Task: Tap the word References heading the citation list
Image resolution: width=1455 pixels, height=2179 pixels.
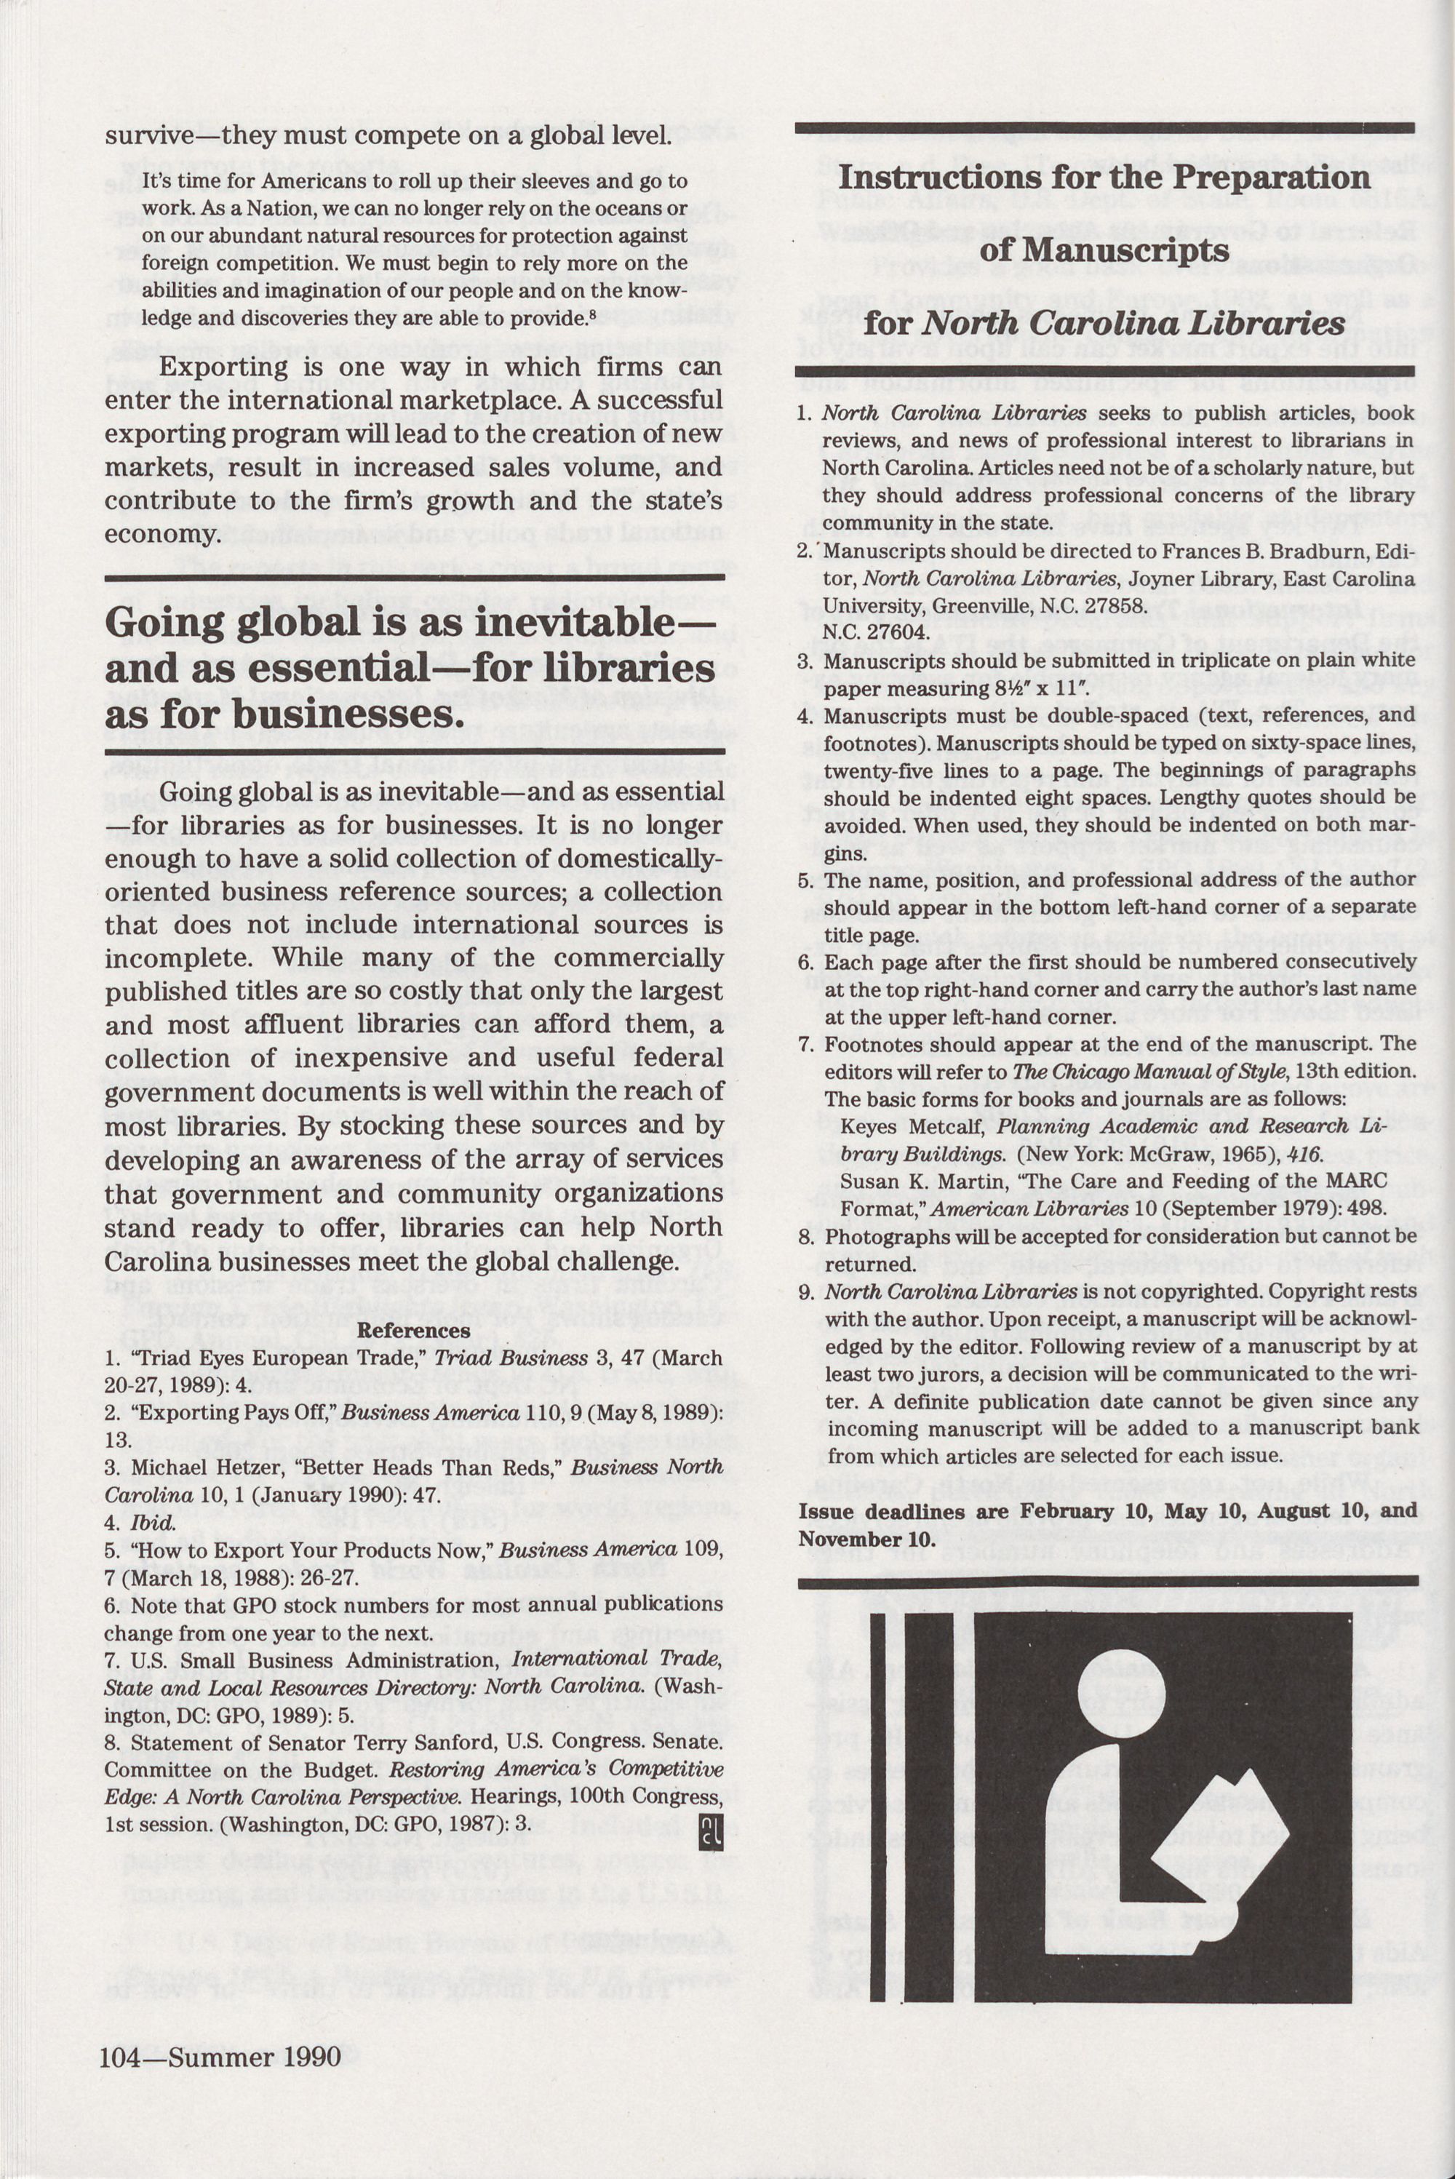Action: click(x=414, y=1331)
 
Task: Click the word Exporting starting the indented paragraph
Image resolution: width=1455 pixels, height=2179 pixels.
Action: click(x=212, y=367)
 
